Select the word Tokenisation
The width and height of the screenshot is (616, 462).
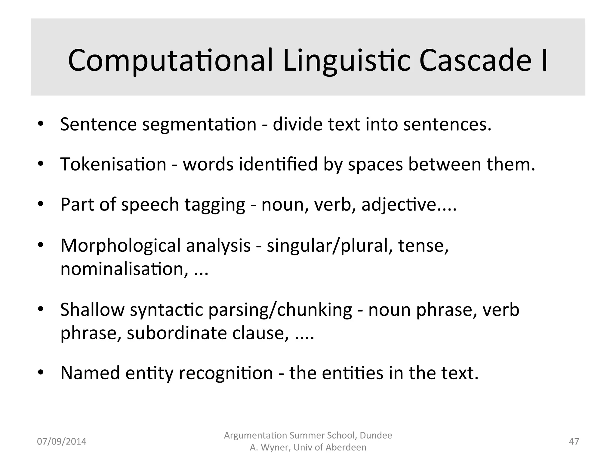[x=113, y=164]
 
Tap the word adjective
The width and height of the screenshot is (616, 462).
[x=399, y=205]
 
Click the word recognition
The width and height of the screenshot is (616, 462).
[x=226, y=373]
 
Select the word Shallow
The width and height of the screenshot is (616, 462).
[x=92, y=310]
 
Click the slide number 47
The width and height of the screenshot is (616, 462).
[x=574, y=441]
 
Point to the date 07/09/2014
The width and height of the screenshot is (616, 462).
[x=61, y=442]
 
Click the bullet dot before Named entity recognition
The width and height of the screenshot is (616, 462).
[x=41, y=373]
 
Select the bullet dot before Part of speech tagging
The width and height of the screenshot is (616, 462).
[x=41, y=204]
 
